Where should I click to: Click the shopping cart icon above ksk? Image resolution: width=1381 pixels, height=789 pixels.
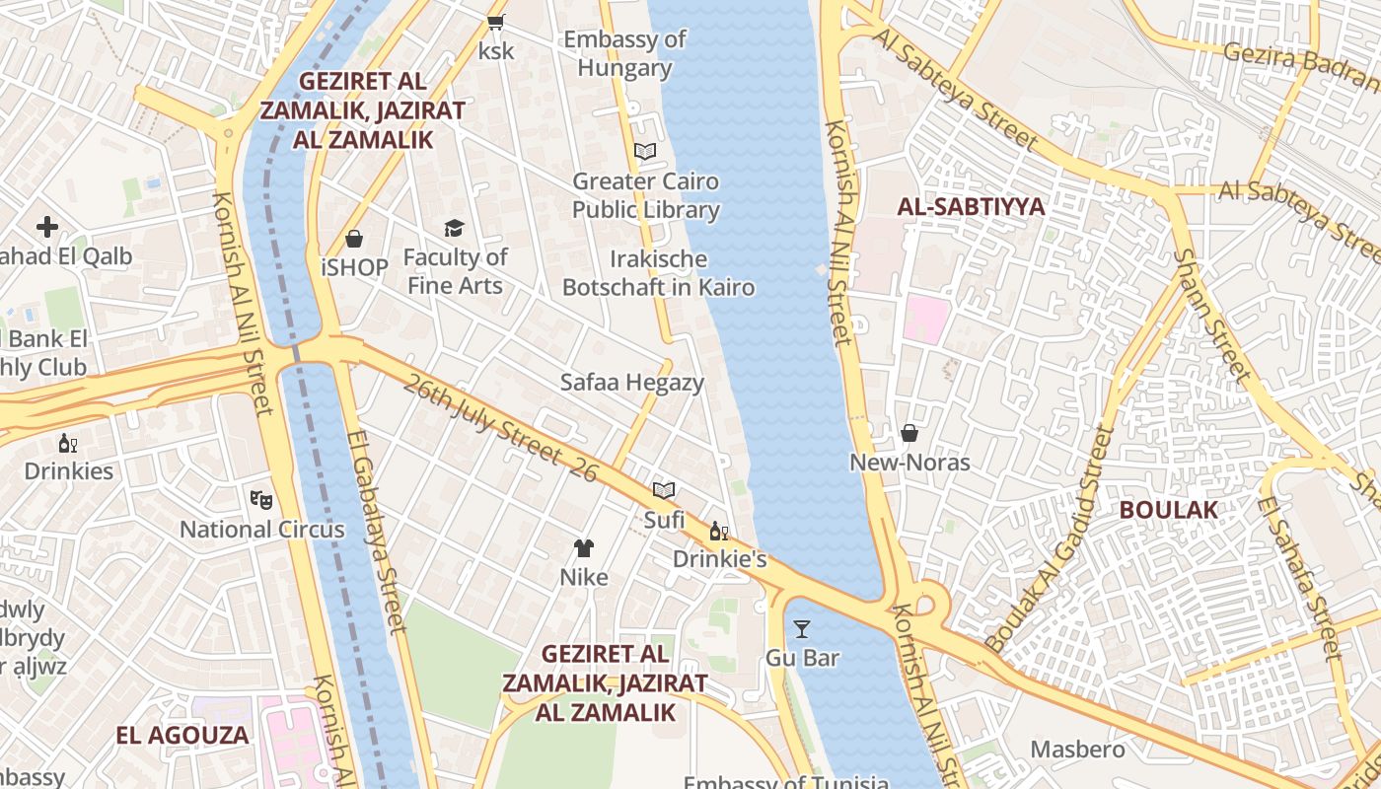pyautogui.click(x=496, y=22)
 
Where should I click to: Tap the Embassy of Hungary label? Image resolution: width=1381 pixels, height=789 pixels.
pyautogui.click(x=624, y=53)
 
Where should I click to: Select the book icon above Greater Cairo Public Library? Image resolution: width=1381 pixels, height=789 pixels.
pyautogui.click(x=645, y=151)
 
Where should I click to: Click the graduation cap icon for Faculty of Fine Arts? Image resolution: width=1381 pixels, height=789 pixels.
pyautogui.click(x=454, y=229)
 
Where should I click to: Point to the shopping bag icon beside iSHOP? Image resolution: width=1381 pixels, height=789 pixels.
pyautogui.click(x=353, y=239)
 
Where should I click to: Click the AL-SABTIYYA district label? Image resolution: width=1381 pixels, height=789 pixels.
pyautogui.click(x=971, y=206)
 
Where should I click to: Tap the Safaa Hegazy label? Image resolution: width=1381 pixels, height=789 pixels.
pyautogui.click(x=632, y=383)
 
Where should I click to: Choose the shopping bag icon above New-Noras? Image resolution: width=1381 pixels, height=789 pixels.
pyautogui.click(x=909, y=433)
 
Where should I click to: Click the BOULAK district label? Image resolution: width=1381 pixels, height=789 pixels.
pyautogui.click(x=1168, y=509)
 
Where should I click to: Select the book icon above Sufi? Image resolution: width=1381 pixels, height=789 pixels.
pyautogui.click(x=664, y=490)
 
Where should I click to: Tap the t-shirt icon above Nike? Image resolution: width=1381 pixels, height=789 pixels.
pyautogui.click(x=584, y=548)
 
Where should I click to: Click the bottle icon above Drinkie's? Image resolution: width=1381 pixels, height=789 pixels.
pyautogui.click(x=719, y=532)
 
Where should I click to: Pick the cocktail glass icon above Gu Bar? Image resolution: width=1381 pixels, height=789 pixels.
pyautogui.click(x=802, y=628)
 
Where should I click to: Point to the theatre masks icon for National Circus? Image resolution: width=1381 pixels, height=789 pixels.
pyautogui.click(x=260, y=499)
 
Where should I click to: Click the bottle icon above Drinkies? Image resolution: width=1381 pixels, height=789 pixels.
pyautogui.click(x=68, y=443)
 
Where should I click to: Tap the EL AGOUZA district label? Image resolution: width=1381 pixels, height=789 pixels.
pyautogui.click(x=182, y=735)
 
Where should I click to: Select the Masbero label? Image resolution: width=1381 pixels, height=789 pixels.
pyautogui.click(x=1077, y=750)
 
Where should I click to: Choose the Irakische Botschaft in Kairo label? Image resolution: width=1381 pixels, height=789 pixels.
pyautogui.click(x=658, y=273)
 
